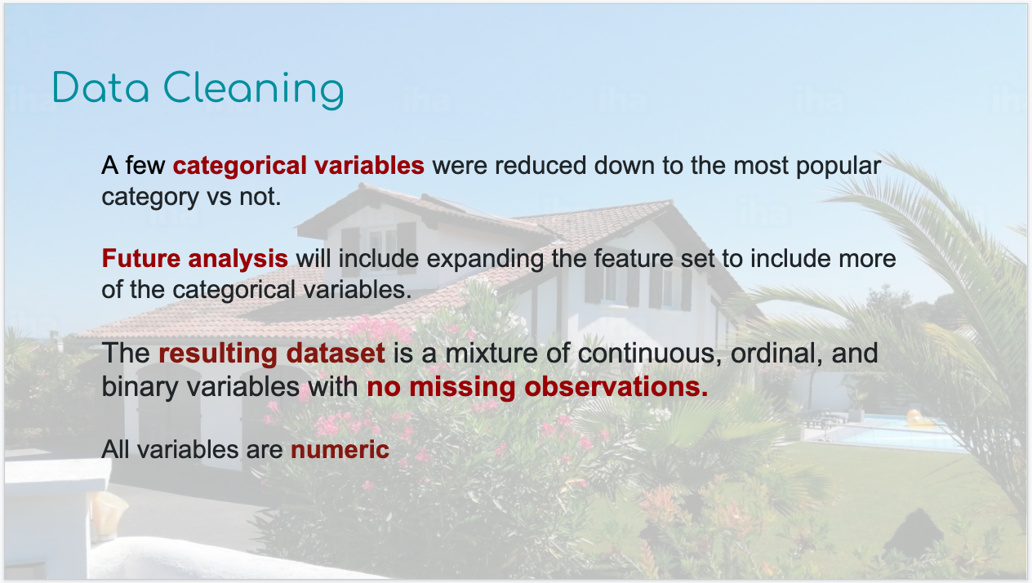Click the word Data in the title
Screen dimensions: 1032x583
(x=101, y=87)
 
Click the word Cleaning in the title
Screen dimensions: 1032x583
(x=254, y=91)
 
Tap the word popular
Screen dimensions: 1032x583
(x=838, y=167)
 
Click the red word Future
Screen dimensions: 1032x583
(x=141, y=258)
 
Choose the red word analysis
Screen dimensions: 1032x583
(x=238, y=260)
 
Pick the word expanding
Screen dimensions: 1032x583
(x=485, y=260)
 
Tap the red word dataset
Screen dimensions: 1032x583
(x=336, y=354)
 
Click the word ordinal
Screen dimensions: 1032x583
(x=776, y=354)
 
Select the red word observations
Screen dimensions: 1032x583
(x=616, y=387)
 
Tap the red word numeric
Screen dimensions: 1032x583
(x=340, y=450)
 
